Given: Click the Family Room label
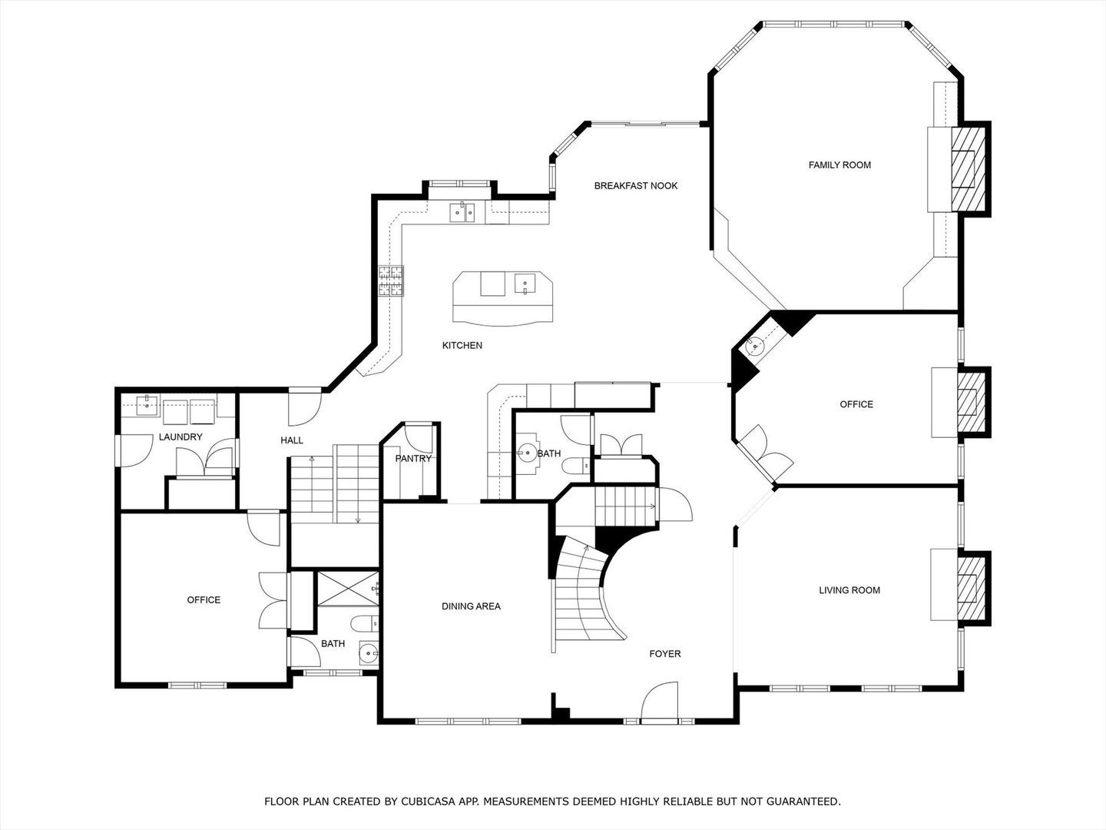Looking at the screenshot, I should pyautogui.click(x=839, y=164).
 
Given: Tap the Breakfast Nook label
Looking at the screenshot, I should pyautogui.click(x=636, y=185).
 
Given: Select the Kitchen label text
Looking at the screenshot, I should pyautogui.click(x=462, y=345).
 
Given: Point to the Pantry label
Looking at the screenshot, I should pyautogui.click(x=413, y=459).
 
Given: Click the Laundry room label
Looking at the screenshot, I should pyautogui.click(x=180, y=437).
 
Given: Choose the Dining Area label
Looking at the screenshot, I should pyautogui.click(x=471, y=606).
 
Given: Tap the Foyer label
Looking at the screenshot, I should pyautogui.click(x=664, y=653).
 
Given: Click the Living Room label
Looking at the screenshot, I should pyautogui.click(x=849, y=589).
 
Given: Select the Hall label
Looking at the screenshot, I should pyautogui.click(x=292, y=440).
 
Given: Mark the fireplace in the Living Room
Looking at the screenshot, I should pyautogui.click(x=969, y=585).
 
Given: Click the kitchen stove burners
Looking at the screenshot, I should pyautogui.click(x=390, y=281).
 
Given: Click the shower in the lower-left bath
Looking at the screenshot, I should pyautogui.click(x=346, y=588).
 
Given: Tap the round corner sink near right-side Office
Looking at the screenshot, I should pyautogui.click(x=756, y=346).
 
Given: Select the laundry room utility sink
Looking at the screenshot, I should pyautogui.click(x=145, y=405).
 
